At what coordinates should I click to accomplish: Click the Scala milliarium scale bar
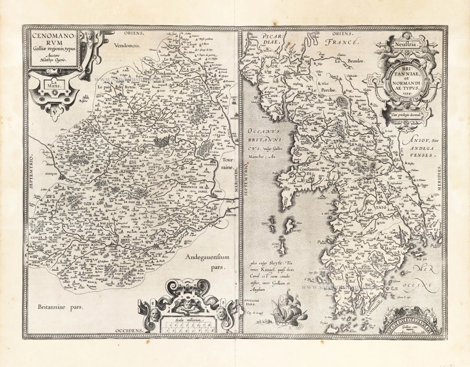pos(188,324)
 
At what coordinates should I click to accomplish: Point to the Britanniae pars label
pos(60,308)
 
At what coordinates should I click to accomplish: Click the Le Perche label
pos(318,89)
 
